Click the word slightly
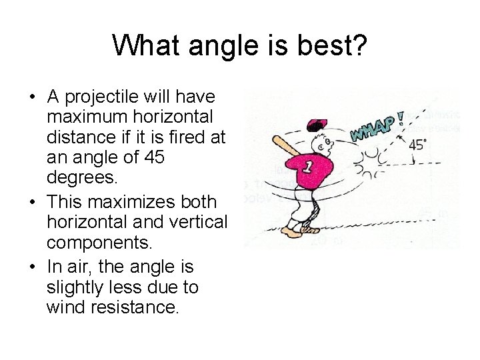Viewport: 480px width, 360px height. pos(75,288)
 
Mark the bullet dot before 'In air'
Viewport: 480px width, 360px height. pos(33,267)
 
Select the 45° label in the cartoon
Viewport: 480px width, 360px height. pos(419,145)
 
